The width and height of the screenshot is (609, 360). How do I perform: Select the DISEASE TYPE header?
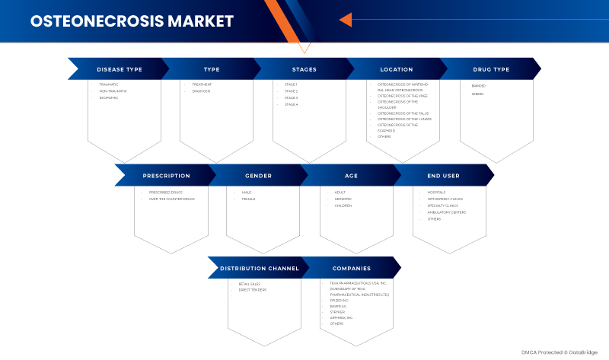coord(120,69)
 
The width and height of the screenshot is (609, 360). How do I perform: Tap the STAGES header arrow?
coord(304,69)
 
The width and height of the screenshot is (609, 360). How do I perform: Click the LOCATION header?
coord(397,69)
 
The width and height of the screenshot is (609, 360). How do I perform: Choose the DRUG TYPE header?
coord(491,69)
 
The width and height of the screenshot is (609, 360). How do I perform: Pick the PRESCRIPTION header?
coord(166,176)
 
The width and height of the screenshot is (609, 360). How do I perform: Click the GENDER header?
coord(258,176)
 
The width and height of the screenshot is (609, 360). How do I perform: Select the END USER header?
coord(444,176)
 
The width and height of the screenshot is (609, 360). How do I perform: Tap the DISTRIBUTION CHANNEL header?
coord(260,268)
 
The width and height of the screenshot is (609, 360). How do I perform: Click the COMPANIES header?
coord(352,268)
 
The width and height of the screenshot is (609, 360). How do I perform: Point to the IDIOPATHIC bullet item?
coord(109,97)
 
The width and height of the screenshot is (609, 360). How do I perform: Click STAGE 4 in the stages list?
coord(292,104)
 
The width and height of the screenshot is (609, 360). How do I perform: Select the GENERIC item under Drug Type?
coord(478,94)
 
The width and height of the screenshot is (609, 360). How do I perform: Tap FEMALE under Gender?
coord(249,199)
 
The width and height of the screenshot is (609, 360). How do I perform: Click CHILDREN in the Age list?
coord(343,205)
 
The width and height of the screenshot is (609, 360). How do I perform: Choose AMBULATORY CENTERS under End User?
coord(447,212)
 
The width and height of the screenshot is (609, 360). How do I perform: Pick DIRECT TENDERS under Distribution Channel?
coord(253,290)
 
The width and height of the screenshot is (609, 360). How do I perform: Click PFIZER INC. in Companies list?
coord(340,301)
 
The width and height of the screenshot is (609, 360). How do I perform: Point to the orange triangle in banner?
coord(345,20)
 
